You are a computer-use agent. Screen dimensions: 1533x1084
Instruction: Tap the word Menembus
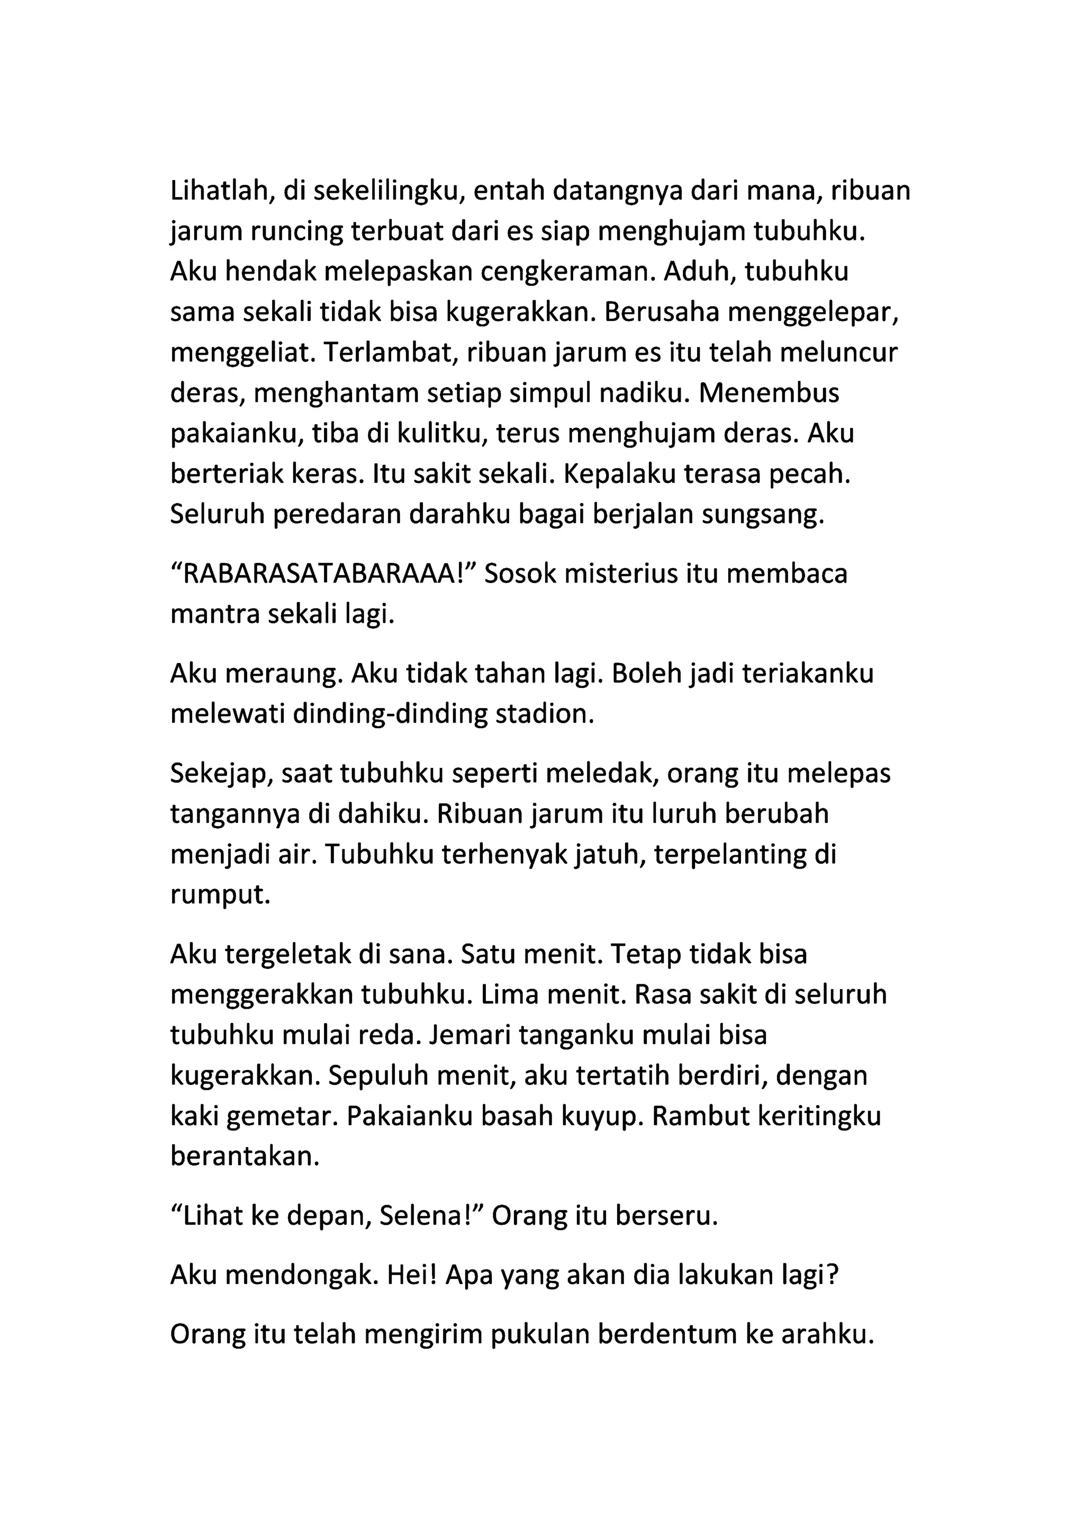coord(769,393)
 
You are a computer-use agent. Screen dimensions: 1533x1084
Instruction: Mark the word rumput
coord(220,895)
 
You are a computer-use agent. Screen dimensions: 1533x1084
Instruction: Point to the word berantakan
coord(245,1157)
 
